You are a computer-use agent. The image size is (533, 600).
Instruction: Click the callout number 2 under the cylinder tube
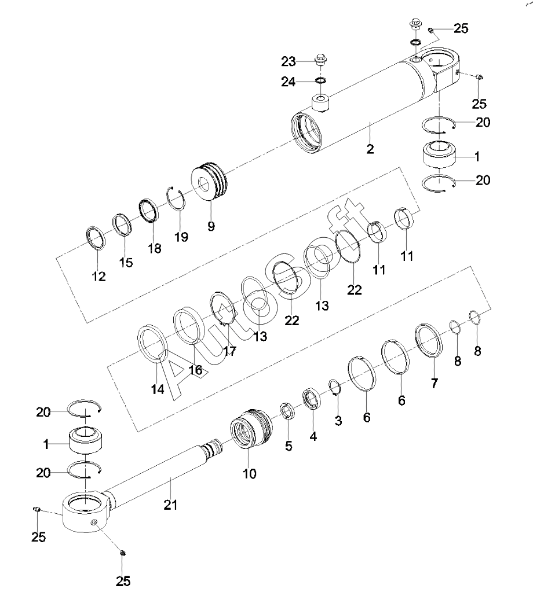[370, 149]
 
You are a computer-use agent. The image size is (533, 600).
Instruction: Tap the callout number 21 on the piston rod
[170, 505]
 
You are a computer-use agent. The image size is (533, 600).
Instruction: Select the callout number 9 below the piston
[211, 226]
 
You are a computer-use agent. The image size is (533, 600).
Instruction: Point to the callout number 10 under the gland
[250, 474]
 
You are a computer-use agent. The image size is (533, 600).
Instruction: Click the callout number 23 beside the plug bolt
[289, 61]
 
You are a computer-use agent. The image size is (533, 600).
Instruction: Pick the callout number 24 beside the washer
[289, 82]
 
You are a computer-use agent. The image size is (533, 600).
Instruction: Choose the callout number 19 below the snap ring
[181, 237]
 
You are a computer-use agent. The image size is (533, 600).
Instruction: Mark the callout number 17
[229, 351]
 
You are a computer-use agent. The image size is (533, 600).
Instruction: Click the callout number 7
[434, 383]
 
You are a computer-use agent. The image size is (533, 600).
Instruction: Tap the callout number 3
[338, 421]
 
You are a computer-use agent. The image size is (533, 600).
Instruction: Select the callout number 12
[98, 276]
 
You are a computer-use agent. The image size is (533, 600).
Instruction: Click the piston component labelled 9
[209, 181]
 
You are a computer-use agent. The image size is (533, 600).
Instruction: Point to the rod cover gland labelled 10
[251, 428]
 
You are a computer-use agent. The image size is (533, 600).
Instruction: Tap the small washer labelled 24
[320, 80]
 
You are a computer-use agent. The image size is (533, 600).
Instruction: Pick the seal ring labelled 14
[152, 343]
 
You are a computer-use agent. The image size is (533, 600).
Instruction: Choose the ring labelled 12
[95, 238]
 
